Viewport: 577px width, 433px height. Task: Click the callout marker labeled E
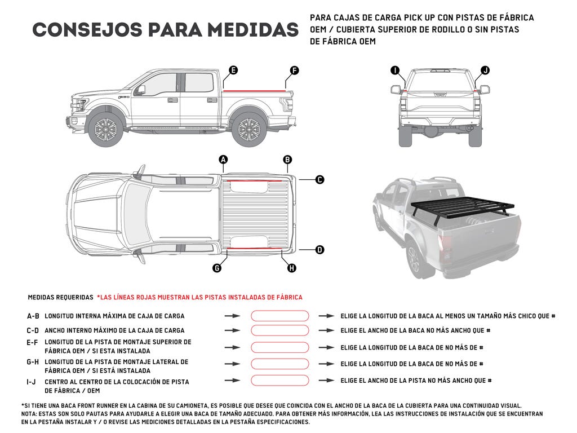[233, 70]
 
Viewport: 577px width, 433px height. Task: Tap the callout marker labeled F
[294, 70]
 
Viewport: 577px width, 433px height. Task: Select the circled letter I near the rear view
[395, 70]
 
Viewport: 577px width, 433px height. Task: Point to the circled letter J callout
[485, 70]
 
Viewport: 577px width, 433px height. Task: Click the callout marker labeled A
[223, 160]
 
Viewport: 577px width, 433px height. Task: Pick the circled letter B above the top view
[287, 160]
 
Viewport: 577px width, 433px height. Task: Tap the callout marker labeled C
[319, 180]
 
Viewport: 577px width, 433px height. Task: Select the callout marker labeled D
[319, 249]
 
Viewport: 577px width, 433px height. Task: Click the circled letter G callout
[217, 268]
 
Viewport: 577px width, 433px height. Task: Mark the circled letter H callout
[291, 268]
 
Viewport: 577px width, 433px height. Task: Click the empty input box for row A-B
[279, 316]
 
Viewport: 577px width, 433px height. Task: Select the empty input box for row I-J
[279, 381]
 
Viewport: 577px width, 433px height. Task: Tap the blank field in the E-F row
[279, 347]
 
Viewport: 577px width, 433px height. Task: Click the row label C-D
[33, 330]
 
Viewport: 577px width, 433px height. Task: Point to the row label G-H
[33, 362]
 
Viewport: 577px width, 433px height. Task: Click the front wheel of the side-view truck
[105, 129]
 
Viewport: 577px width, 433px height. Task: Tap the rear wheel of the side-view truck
[249, 129]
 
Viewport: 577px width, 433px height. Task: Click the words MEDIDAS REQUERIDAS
[60, 297]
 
